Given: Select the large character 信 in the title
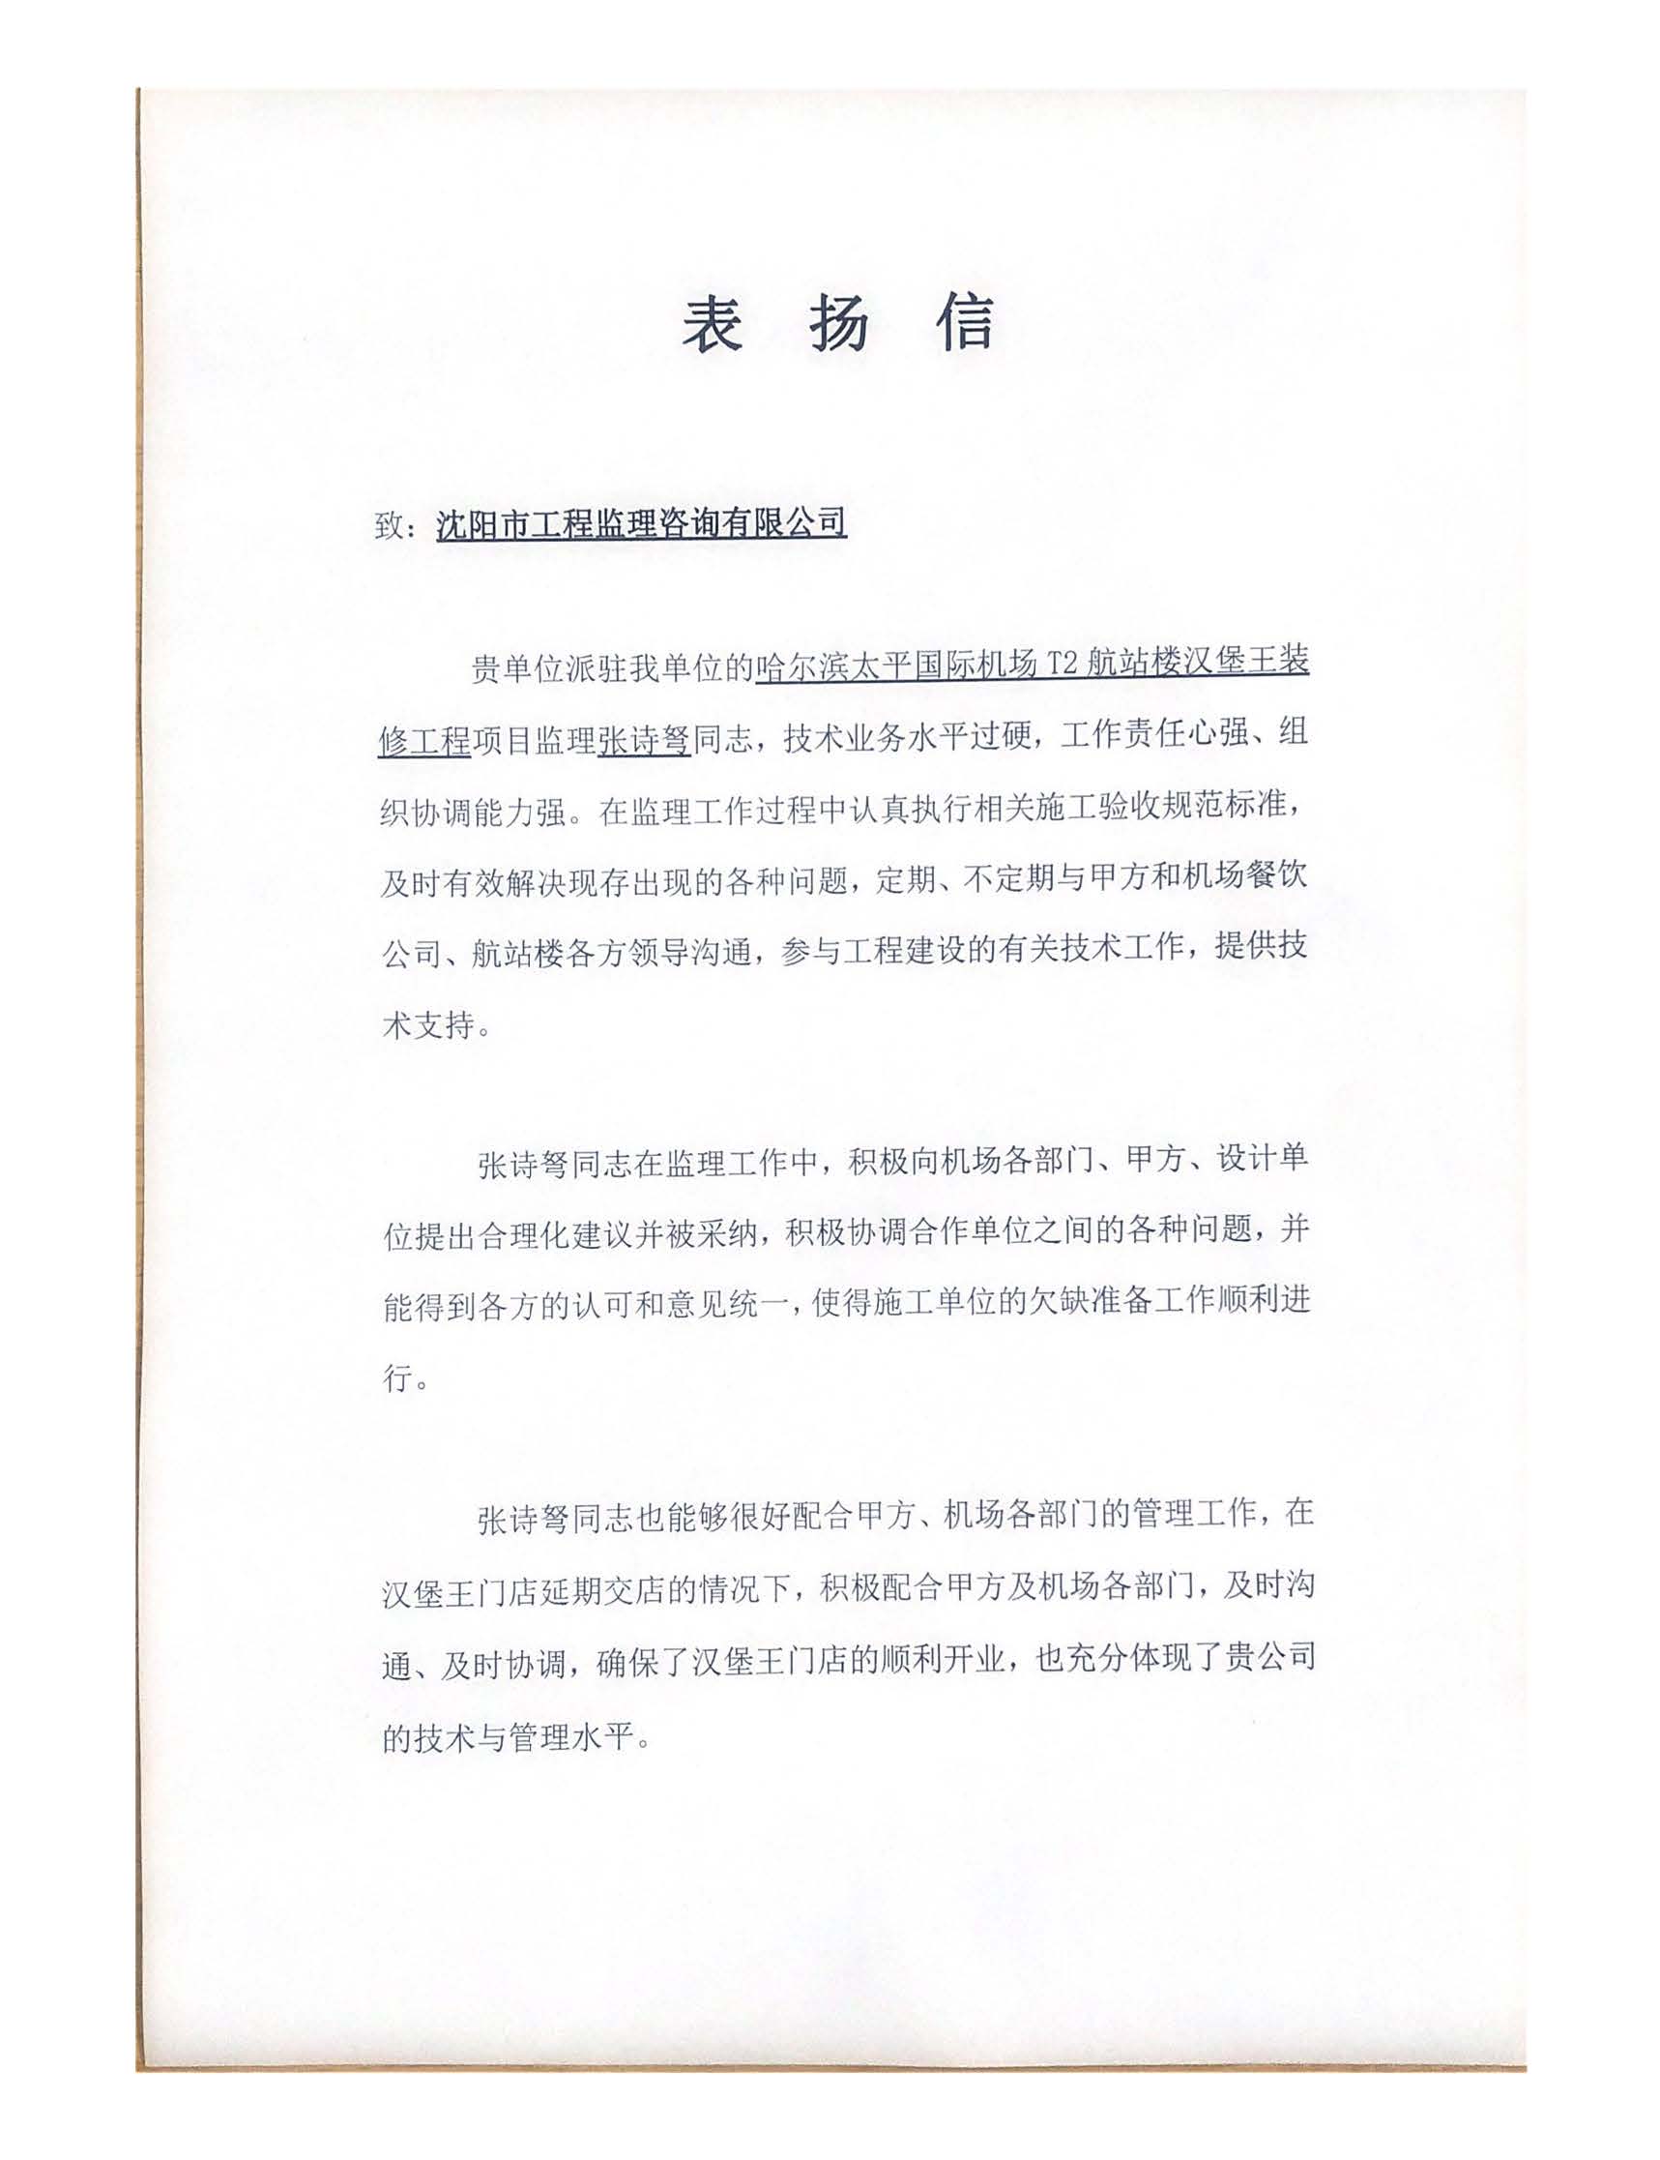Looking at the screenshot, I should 966,323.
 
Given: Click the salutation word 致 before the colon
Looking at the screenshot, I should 390,526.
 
